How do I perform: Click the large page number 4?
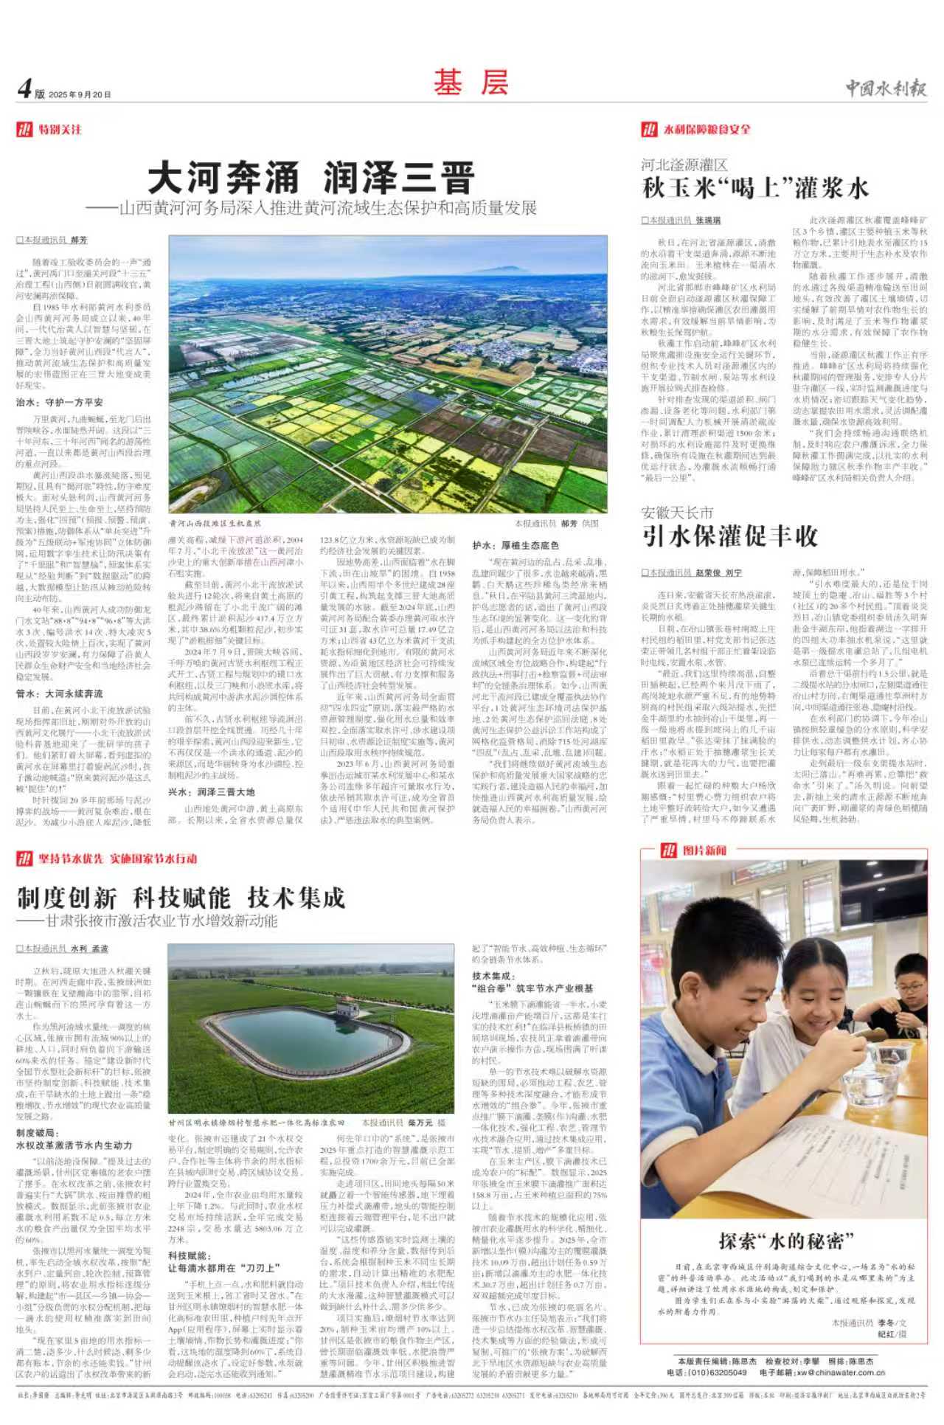pyautogui.click(x=24, y=89)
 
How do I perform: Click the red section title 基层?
pyautogui.click(x=471, y=83)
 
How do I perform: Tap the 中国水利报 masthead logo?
pyautogui.click(x=885, y=89)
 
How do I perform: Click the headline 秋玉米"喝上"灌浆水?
pyautogui.click(x=755, y=188)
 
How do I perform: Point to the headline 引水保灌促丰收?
pyautogui.click(x=729, y=536)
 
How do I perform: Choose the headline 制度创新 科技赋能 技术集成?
pyautogui.click(x=181, y=898)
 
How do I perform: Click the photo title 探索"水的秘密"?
pyautogui.click(x=786, y=1241)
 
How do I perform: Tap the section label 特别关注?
pyautogui.click(x=60, y=130)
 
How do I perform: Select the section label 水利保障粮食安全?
pyautogui.click(x=707, y=130)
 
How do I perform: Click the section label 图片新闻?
pyautogui.click(x=704, y=850)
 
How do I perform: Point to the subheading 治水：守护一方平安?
pyautogui.click(x=60, y=403)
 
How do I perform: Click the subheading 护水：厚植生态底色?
pyautogui.click(x=516, y=545)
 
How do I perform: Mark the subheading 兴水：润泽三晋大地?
pyautogui.click(x=212, y=791)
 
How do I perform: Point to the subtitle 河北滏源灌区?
pyautogui.click(x=684, y=164)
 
